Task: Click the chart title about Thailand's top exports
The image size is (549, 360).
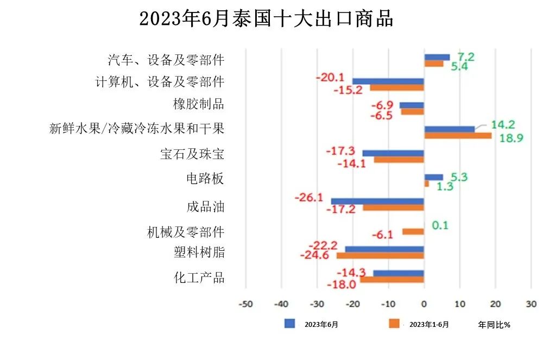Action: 266,19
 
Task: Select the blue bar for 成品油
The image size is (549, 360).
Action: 377,201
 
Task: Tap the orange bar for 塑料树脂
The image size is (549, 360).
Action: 380,256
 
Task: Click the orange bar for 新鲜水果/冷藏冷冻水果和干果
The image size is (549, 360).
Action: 457,136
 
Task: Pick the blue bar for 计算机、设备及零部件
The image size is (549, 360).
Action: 388,81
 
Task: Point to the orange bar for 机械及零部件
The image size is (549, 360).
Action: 413,232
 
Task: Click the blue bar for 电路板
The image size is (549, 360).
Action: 433,177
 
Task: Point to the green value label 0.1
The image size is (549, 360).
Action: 440,225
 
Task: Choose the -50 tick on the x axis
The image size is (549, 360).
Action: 245,304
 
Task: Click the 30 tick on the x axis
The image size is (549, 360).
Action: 531,304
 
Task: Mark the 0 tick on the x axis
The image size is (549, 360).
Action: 424,304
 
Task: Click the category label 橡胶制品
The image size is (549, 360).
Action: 198,104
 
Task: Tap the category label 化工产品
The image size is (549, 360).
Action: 199,277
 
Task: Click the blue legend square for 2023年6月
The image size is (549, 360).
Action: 290,324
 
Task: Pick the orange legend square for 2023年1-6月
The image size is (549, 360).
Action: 394,324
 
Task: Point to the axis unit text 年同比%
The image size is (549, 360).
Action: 494,325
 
